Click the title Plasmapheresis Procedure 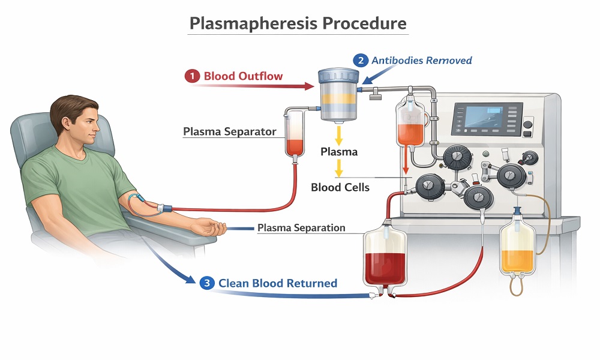point(298,23)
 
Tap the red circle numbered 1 point(192,76)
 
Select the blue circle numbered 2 point(361,60)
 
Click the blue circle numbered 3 point(207,283)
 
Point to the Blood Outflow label point(243,76)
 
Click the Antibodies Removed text point(421,60)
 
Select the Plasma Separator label point(230,131)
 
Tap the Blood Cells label point(340,187)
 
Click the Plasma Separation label point(301,228)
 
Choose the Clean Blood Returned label point(277,283)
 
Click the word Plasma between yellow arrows point(338,152)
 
